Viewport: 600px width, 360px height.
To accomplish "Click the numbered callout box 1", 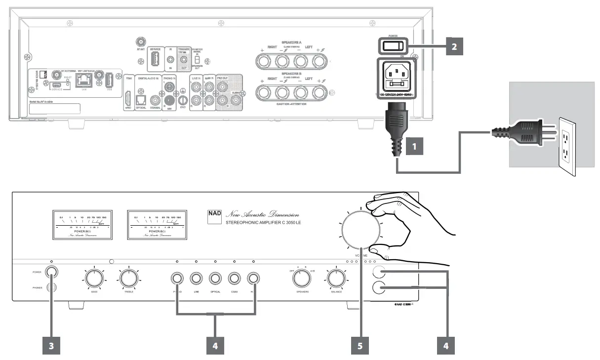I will [x=414, y=147].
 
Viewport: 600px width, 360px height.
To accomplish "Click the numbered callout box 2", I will [x=452, y=46].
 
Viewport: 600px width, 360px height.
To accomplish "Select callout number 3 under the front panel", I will [x=50, y=346].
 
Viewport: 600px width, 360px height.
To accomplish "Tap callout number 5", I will [x=360, y=346].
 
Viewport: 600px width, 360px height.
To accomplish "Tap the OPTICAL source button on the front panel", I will [x=215, y=279].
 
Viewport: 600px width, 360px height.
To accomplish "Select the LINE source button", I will [x=196, y=279].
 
